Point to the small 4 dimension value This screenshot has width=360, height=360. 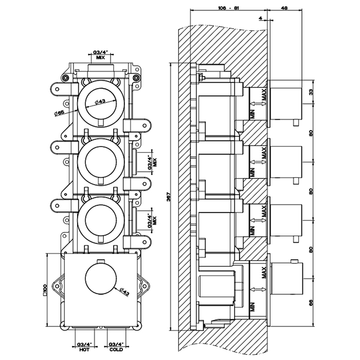[x=261, y=18]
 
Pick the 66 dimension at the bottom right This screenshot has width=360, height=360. [x=311, y=303]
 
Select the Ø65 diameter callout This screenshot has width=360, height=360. [x=58, y=113]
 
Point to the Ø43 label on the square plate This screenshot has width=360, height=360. [x=123, y=293]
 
